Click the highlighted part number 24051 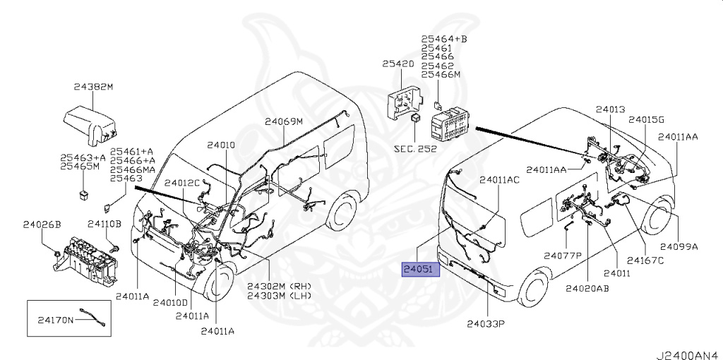pos(421,270)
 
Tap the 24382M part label pos(93,87)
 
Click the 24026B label pos(42,224)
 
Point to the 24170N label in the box pos(55,320)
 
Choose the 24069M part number pos(284,121)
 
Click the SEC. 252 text pos(414,149)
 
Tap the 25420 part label pos(398,64)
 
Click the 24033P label pos(488,324)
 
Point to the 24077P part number pos(562,255)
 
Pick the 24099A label pos(679,246)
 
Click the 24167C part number pos(645,260)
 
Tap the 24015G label pos(647,120)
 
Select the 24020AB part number pos(587,288)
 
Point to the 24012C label pos(183,184)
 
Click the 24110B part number pos(104,224)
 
